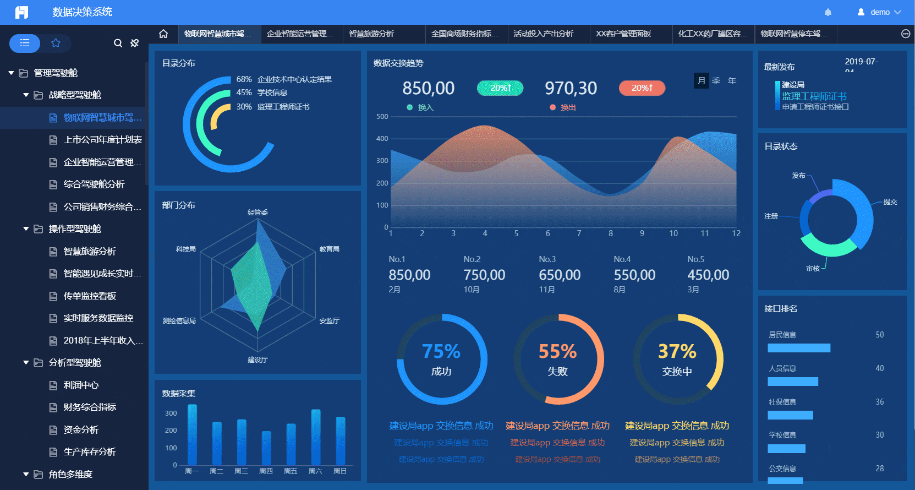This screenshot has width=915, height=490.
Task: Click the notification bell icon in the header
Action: tap(828, 12)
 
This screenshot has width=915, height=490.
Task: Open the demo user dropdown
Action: tap(880, 12)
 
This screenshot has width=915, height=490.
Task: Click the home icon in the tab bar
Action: tap(163, 34)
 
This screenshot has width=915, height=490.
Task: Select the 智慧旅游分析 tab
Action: tap(371, 34)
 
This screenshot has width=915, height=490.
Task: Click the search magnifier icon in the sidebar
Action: tap(118, 43)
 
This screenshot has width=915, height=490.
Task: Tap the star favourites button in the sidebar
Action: tap(56, 43)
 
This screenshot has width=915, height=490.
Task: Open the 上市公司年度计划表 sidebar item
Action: tap(102, 140)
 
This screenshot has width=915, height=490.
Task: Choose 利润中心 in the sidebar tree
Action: tap(81, 385)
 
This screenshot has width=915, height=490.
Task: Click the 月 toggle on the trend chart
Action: tap(701, 80)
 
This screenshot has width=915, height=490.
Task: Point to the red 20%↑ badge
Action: tap(642, 88)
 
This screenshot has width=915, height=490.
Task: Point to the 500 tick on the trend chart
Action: tap(382, 117)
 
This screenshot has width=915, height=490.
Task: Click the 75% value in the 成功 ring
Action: tap(441, 351)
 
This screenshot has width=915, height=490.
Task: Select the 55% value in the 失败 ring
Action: tap(557, 351)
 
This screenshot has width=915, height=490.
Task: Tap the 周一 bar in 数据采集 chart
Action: tap(192, 435)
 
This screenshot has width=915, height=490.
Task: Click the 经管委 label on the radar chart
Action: tap(257, 213)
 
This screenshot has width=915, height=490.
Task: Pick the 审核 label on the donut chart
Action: tap(813, 269)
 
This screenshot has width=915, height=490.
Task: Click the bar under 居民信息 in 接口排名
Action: tap(799, 348)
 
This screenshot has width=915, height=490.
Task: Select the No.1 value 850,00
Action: tap(409, 275)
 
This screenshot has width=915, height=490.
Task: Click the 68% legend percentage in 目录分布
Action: tap(244, 79)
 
